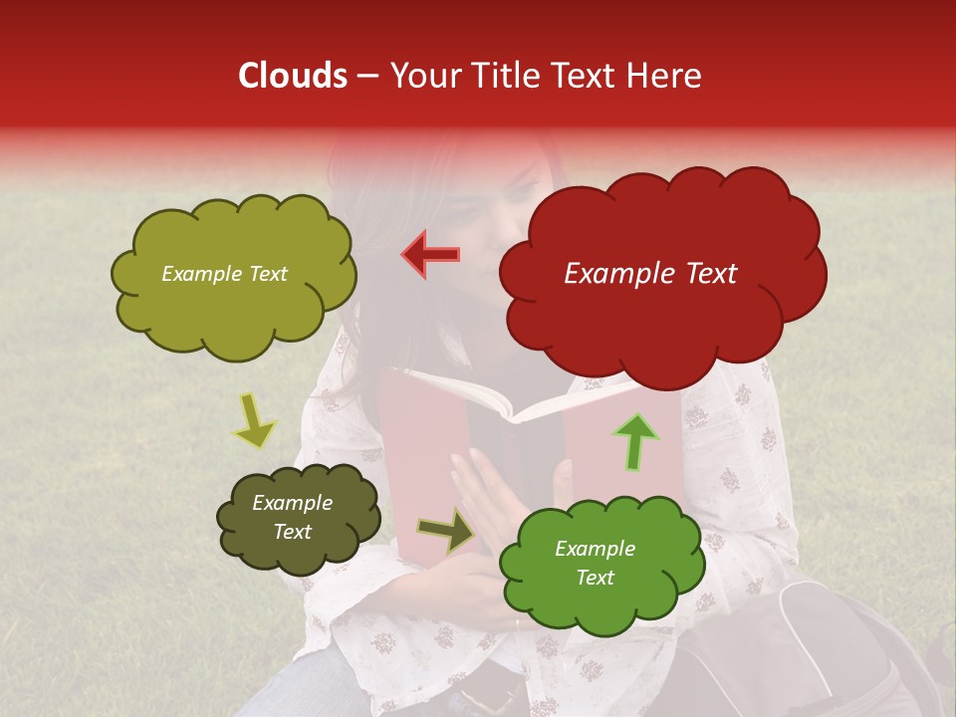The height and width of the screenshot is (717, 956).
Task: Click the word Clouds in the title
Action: coord(293,76)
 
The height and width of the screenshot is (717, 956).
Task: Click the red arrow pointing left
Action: coord(431,255)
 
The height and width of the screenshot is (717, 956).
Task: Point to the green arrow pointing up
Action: coord(635,441)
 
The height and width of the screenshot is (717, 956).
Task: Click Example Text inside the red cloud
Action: coord(650,274)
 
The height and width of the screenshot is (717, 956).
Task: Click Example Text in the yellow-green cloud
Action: coord(224,274)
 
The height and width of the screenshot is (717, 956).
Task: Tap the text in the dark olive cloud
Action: coord(292,518)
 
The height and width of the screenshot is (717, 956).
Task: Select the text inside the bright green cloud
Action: coord(595,563)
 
